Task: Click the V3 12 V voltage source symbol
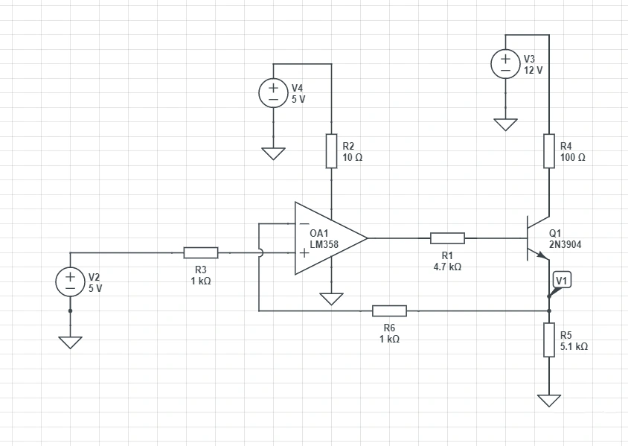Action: pos(505,64)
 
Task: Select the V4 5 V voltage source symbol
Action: pos(273,93)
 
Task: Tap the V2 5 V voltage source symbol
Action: pos(71,281)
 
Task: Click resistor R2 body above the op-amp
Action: pos(331,151)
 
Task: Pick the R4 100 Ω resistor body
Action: pos(548,151)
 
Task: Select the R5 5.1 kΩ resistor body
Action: pos(548,340)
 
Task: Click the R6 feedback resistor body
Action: pos(389,310)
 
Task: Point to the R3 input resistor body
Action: pos(201,252)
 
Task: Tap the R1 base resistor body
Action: pos(447,238)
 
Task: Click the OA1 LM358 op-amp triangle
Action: pos(327,238)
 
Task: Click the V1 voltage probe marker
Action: pos(562,281)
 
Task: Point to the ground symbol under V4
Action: pos(273,153)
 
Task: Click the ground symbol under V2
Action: pos(71,342)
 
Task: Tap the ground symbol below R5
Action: pos(548,400)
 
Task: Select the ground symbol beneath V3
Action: pos(505,124)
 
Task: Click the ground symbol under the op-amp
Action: pos(331,299)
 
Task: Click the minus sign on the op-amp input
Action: pos(304,224)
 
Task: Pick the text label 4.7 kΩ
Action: pos(447,267)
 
